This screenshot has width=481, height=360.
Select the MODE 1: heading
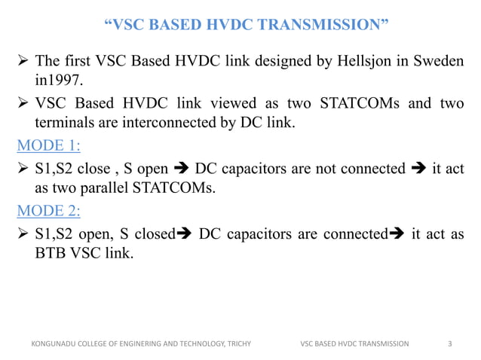click(x=48, y=145)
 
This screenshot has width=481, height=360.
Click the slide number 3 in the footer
click(x=449, y=343)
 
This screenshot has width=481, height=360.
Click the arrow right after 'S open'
click(x=181, y=168)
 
